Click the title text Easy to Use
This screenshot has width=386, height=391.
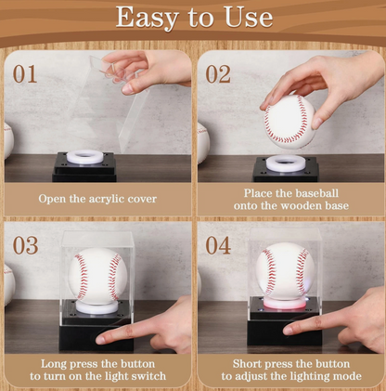pos(194,18)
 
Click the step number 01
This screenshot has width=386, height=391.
pos(25,73)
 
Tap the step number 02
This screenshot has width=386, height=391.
pos(218,73)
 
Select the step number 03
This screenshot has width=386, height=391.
pos(25,245)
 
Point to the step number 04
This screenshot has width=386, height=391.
pos(218,245)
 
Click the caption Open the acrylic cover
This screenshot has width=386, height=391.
pos(97,199)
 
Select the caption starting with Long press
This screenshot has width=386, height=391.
pos(97,370)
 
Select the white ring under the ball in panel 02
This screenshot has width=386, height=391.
pos(284,163)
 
